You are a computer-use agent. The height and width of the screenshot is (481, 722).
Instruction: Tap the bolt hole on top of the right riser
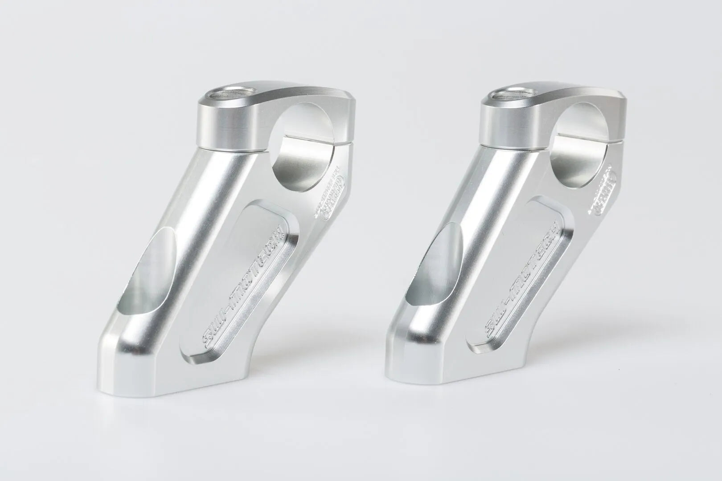(x=505, y=94)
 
